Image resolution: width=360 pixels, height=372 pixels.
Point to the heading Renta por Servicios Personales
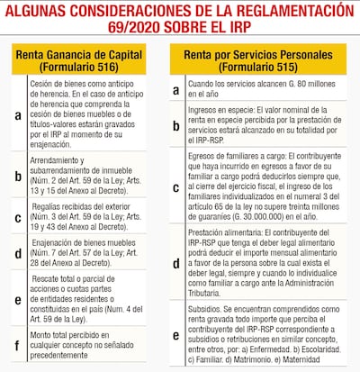coord(262,54)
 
